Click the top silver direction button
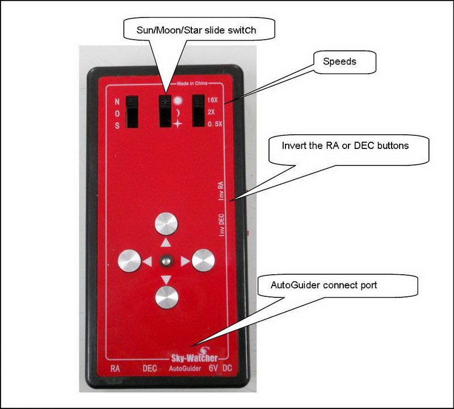[166, 224]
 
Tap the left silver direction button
[129, 261]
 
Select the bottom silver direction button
[166, 297]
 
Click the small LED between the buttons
[166, 261]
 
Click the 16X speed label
[213, 99]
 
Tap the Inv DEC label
[222, 225]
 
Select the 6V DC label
[218, 368]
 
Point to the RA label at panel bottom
[115, 368]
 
